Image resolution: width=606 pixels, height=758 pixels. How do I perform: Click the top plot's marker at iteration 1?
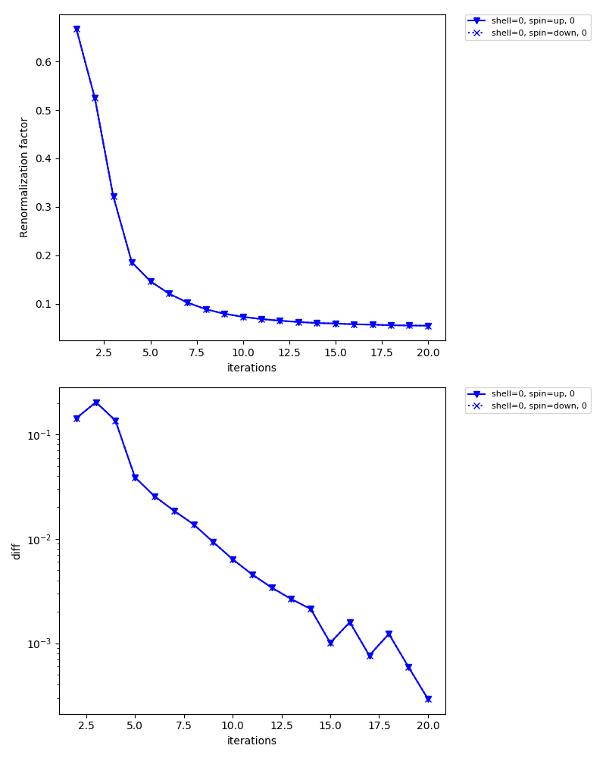(x=77, y=29)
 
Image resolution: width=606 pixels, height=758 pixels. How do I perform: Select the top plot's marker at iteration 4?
(x=132, y=262)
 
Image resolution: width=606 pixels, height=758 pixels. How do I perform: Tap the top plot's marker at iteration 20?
(x=428, y=326)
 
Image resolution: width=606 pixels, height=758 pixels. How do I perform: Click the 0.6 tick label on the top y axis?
(x=45, y=62)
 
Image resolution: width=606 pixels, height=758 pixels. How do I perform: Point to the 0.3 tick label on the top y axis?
(x=45, y=207)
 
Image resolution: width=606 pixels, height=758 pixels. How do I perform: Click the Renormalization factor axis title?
(x=24, y=177)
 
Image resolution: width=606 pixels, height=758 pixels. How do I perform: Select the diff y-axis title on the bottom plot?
(x=16, y=551)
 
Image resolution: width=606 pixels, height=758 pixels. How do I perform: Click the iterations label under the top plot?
(x=251, y=368)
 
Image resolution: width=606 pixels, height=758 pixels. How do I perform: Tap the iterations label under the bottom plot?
(x=251, y=741)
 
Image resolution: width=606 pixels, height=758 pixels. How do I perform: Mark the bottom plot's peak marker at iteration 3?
(x=96, y=402)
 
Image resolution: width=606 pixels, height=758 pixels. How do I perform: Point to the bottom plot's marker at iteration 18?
(x=389, y=634)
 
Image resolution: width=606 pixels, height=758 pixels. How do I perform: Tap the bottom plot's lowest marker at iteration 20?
(x=428, y=699)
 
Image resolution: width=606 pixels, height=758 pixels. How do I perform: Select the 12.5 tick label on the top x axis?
(x=289, y=354)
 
